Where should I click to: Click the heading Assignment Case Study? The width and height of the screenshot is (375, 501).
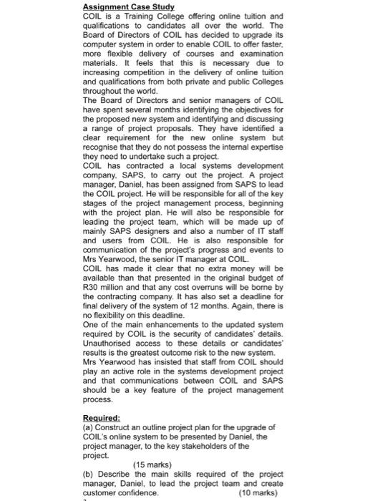[129, 7]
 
